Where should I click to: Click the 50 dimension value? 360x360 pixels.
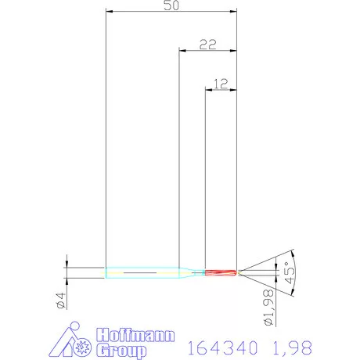coord(169,5)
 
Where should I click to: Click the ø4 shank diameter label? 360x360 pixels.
coord(59,297)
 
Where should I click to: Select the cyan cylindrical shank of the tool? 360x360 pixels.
coord(141,272)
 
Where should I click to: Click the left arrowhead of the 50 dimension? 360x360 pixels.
coord(109,12)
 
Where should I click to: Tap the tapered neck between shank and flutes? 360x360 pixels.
coord(192,272)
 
